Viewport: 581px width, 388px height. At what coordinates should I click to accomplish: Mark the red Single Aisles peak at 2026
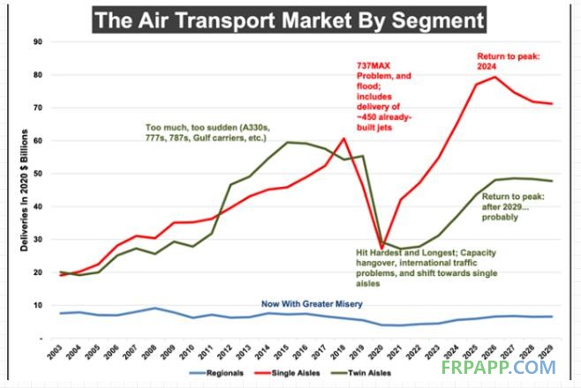coord(494,77)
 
